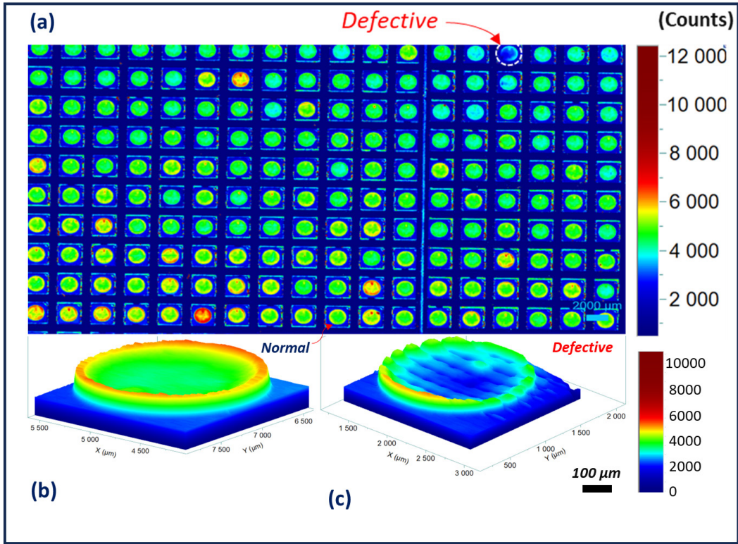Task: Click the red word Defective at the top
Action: [389, 20]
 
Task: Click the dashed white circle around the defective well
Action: [508, 54]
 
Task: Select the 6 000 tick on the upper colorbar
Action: [693, 202]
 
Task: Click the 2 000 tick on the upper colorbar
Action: [693, 299]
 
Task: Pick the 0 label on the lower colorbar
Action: [673, 492]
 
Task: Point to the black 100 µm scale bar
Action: [596, 488]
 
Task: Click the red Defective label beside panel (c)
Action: [582, 347]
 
